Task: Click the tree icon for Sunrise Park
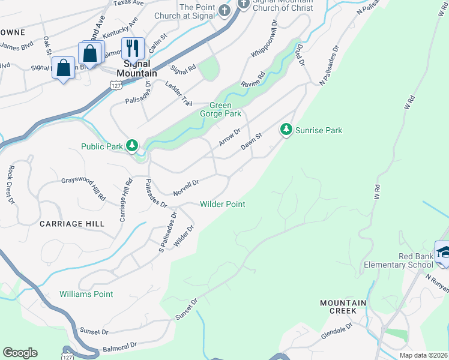tap(286, 130)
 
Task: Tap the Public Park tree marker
tap(132, 146)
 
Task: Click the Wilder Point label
tap(222, 204)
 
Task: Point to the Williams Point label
tap(86, 294)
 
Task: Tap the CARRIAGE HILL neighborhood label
tap(72, 223)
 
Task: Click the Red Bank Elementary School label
tap(399, 260)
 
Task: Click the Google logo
tap(20, 353)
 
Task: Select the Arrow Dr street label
tap(229, 136)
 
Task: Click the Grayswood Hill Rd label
tap(83, 187)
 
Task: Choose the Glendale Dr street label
tap(337, 332)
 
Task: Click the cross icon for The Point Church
tap(224, 10)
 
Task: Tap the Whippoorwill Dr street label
tap(264, 38)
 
